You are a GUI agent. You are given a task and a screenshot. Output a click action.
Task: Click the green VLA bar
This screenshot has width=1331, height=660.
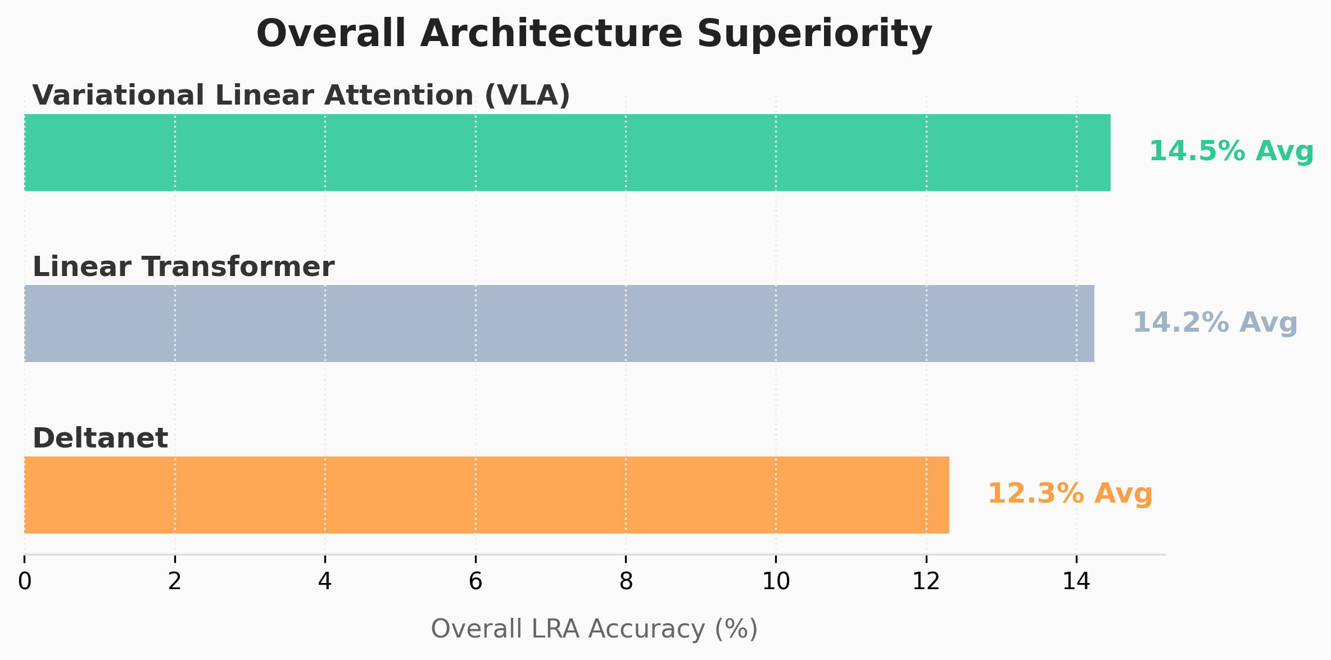coord(567,152)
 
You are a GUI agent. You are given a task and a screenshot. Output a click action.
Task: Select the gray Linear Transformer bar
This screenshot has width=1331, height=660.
coord(559,323)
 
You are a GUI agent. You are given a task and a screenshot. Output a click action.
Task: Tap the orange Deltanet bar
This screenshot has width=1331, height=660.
coord(487,495)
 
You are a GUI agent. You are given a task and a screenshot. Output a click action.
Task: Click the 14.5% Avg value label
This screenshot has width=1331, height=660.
coord(1231,151)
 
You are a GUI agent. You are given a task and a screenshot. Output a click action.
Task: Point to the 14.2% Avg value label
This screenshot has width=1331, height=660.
coord(1215,323)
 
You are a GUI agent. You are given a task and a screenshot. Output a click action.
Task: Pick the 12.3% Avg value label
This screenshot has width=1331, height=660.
coord(1070,494)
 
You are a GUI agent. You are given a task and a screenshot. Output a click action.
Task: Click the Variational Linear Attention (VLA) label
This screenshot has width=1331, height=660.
coord(301,95)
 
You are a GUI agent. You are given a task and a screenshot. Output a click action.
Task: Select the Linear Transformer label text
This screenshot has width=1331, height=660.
coord(183,266)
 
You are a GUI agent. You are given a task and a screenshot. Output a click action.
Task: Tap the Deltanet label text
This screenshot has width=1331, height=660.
coord(100,438)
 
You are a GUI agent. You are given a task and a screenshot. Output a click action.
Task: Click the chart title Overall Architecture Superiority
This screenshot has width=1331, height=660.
coord(594,34)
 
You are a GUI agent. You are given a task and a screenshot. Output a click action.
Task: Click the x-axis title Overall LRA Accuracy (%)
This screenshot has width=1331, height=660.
coord(594,629)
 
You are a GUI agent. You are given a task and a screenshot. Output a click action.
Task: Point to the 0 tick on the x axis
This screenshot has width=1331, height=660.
coord(24,582)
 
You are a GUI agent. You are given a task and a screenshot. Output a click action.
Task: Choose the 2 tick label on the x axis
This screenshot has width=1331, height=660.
coord(175,582)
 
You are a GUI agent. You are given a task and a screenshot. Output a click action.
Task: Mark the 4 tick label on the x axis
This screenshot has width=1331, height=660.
coord(325,582)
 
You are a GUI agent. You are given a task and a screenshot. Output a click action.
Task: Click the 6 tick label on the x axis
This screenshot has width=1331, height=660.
coord(476,582)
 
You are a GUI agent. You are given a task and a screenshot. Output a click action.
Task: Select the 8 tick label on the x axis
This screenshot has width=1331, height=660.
coord(626,582)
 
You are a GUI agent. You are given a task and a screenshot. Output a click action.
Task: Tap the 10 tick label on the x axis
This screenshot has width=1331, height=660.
coord(776,582)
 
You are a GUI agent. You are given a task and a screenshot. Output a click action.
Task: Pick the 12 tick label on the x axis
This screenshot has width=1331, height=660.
coord(926,582)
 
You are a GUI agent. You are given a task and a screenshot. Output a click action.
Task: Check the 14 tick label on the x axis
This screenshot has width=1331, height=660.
coord(1076,582)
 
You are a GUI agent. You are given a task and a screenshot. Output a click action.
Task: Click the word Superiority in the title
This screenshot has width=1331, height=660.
coord(814,34)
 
